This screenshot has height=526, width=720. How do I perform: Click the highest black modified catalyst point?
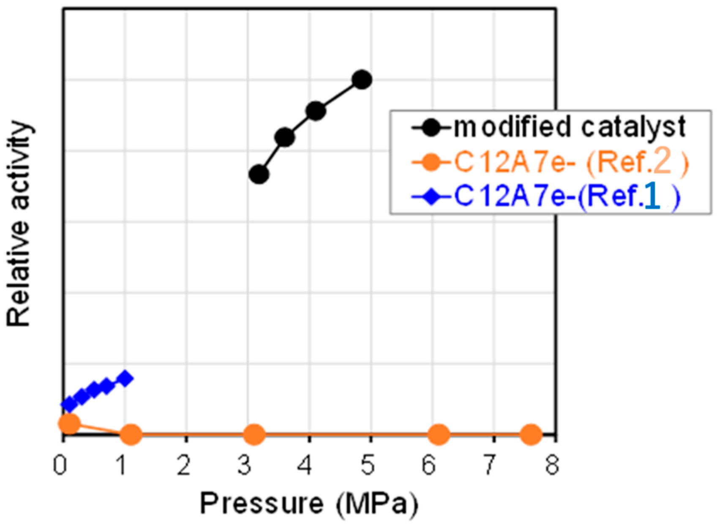pos(362,79)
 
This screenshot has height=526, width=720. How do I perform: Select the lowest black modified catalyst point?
pos(259,174)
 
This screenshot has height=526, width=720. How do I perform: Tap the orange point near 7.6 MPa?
pos(531,434)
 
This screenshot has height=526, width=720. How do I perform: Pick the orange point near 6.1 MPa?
pos(439,434)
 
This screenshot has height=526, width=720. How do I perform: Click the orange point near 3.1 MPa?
pos(254,434)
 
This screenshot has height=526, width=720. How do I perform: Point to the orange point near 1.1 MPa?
pos(131,434)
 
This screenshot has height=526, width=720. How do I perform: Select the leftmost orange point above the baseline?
pos(69,423)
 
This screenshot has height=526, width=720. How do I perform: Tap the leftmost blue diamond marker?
pos(69,404)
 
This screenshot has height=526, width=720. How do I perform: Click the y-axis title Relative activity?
pos(19,224)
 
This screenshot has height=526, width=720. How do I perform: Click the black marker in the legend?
pos(431,127)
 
